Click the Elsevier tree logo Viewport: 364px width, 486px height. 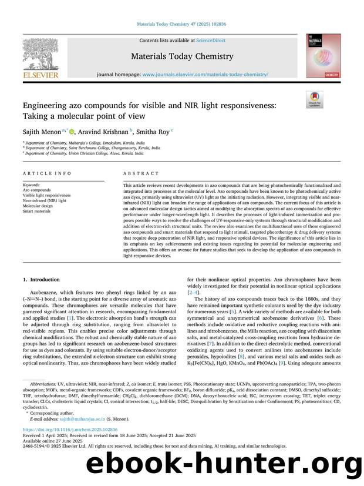pyautogui.click(x=41, y=56)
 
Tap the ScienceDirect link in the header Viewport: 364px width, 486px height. pyautogui.click(x=196, y=41)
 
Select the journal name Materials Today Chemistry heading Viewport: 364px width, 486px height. pyautogui.click(x=182, y=56)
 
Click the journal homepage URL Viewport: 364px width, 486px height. pyautogui.click(x=205, y=75)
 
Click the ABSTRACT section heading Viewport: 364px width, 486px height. pyautogui.click(x=141, y=174)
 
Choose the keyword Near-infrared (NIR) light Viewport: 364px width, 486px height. pyautogui.click(x=44, y=201)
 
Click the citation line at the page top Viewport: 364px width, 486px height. pyautogui.click(x=181, y=24)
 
